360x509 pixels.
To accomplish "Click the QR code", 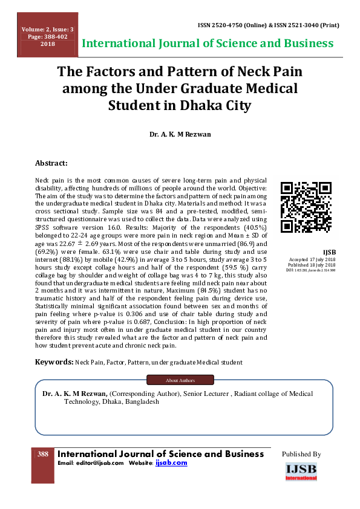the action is (306, 207).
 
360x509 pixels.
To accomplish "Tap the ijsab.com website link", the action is (171, 463).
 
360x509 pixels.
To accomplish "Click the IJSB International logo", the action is (301, 471).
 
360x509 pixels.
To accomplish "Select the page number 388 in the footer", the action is (43, 454).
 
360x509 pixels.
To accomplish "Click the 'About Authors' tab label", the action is (180, 380).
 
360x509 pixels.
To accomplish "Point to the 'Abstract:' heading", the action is (51, 163).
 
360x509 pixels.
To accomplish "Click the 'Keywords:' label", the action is (54, 362).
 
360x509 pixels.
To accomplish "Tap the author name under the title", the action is (180, 133).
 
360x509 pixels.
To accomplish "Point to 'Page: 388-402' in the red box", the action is (48, 37).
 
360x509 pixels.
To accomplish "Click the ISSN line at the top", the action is (268, 27).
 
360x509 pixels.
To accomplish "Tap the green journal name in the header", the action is (208, 44).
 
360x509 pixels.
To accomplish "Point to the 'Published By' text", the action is (301, 454).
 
